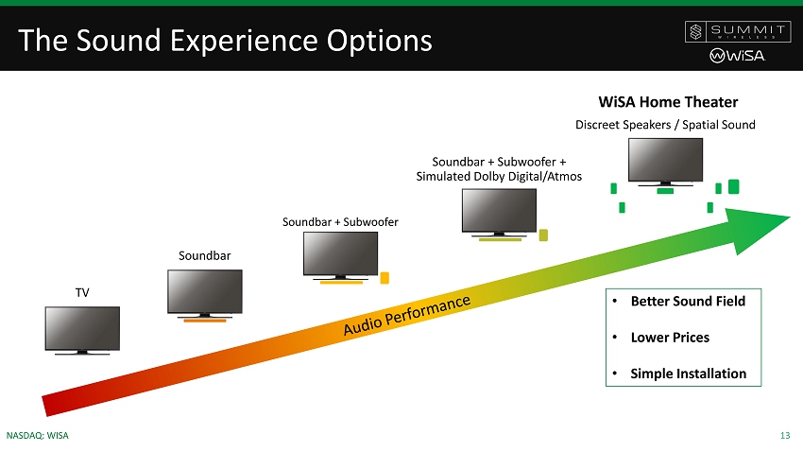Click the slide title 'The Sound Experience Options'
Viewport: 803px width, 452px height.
tap(225, 41)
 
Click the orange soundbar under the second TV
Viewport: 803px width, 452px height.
tap(204, 321)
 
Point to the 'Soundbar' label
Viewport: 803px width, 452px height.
tap(205, 255)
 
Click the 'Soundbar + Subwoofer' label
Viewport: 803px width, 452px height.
tap(340, 222)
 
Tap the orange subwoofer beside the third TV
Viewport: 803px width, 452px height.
tap(384, 278)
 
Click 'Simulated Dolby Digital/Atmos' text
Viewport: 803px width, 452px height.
tap(499, 176)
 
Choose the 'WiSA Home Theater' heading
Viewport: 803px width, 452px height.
tap(668, 101)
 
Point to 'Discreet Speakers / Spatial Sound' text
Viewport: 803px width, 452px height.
tap(665, 125)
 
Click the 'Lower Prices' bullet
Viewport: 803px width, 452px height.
tap(670, 338)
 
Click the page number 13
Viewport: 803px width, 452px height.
tap(785, 435)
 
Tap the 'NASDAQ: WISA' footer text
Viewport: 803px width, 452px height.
tap(38, 435)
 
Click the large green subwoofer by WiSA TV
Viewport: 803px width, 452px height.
tap(733, 185)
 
